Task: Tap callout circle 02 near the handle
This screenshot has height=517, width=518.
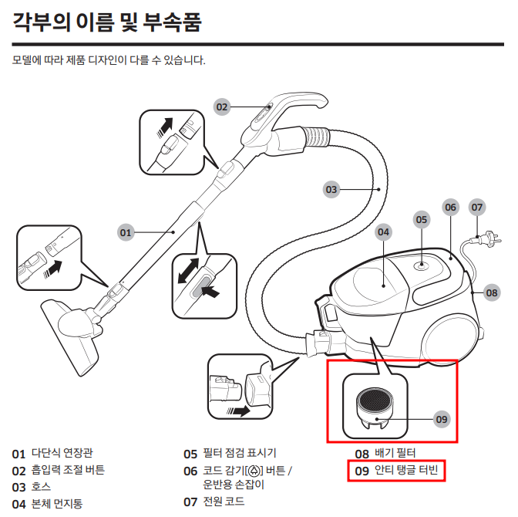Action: tap(223, 107)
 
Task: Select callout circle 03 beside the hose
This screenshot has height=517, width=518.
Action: tap(331, 189)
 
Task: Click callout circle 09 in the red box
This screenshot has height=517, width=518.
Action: tap(441, 419)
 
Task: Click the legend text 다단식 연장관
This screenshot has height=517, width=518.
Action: tap(67, 453)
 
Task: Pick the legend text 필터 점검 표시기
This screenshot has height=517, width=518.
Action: tap(240, 454)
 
